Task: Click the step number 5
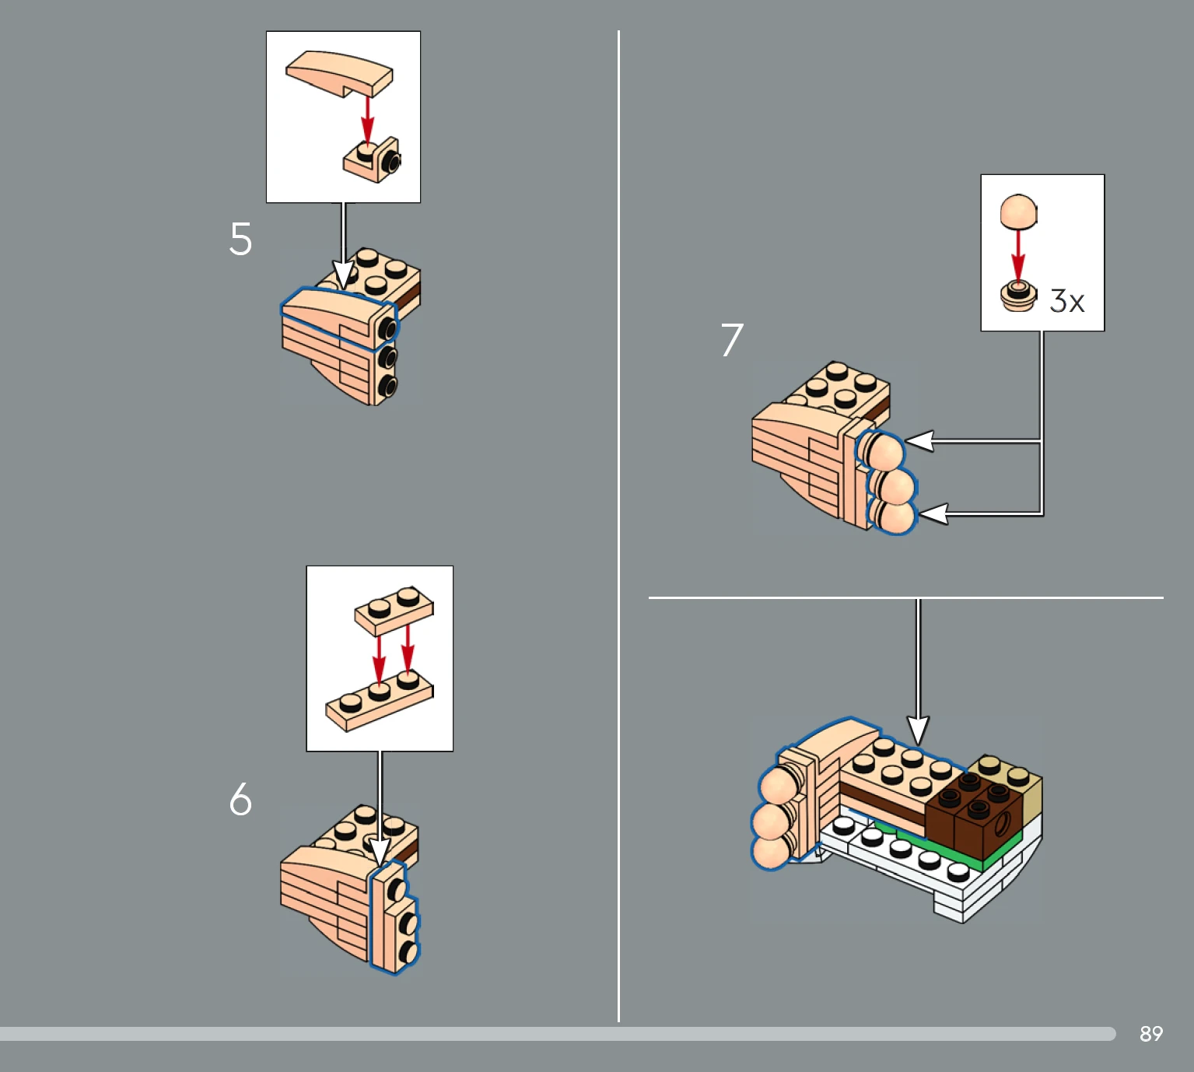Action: (240, 239)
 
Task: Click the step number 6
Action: (240, 799)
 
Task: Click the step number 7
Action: (732, 339)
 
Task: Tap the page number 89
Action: (1151, 1034)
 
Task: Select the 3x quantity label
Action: (1066, 301)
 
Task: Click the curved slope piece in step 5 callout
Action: (339, 73)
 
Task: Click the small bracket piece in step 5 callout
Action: (372, 159)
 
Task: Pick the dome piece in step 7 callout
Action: (1018, 212)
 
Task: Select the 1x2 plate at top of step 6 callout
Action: (394, 610)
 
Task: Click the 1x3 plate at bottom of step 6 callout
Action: (380, 701)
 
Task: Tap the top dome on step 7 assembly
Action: (881, 450)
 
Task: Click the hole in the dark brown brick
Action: (1001, 822)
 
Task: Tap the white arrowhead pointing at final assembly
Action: (918, 730)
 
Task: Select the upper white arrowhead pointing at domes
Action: (920, 441)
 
